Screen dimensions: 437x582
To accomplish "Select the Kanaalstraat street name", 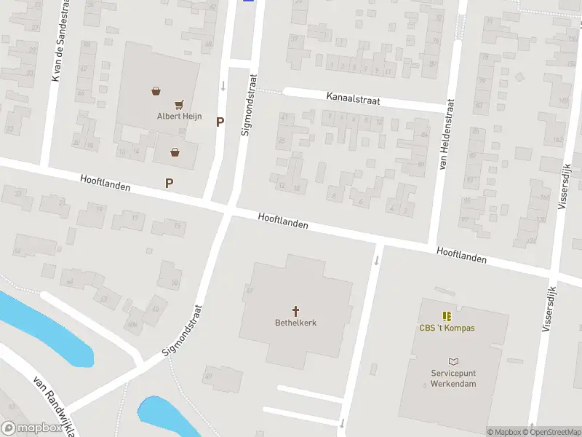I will coord(353,99).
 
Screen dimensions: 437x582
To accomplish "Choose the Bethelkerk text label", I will coord(295,323).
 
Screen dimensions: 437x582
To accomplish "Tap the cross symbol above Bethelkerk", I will coord(295,310).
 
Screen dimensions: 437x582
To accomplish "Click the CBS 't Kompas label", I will coord(447,328).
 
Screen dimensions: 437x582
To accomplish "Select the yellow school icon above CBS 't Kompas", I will coord(447,315).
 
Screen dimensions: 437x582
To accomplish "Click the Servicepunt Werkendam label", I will coord(453,378).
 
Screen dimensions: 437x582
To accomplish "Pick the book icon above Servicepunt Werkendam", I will coord(453,362).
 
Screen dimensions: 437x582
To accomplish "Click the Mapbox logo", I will coord(32,428).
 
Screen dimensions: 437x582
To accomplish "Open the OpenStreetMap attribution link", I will coord(551,432).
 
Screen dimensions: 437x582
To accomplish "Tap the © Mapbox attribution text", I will coord(503,432).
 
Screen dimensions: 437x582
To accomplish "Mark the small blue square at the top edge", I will coord(248,1).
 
